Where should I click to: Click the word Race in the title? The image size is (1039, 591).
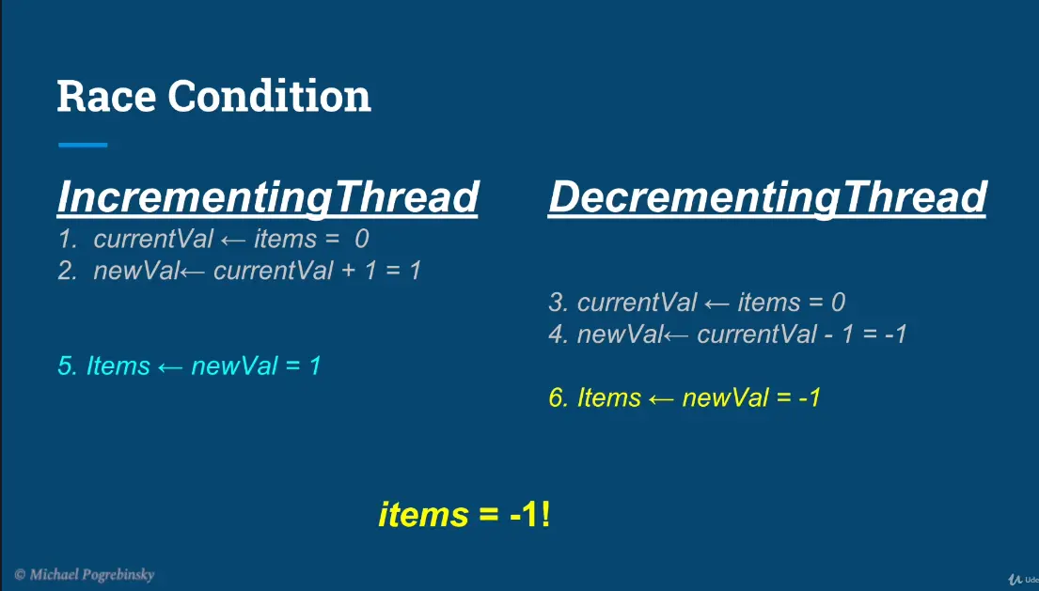pyautogui.click(x=106, y=96)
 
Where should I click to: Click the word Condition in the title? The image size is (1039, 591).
pyautogui.click(x=269, y=96)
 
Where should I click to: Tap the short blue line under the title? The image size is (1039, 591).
pyautogui.click(x=83, y=145)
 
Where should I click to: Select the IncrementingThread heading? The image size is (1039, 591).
pyautogui.click(x=268, y=198)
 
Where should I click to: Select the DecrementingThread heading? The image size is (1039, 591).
pyautogui.click(x=767, y=198)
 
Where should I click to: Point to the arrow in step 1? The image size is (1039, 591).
pyautogui.click(x=232, y=241)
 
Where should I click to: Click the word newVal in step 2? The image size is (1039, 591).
pyautogui.click(x=135, y=271)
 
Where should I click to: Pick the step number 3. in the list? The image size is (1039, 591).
pyautogui.click(x=559, y=303)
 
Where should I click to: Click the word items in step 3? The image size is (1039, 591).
pyautogui.click(x=768, y=303)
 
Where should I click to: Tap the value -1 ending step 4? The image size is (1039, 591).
pyautogui.click(x=895, y=334)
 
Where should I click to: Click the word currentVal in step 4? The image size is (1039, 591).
pyautogui.click(x=757, y=334)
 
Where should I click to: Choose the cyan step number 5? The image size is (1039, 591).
pyautogui.click(x=68, y=366)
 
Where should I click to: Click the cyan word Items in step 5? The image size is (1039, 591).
pyautogui.click(x=118, y=366)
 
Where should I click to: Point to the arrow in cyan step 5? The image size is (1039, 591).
pyautogui.click(x=170, y=367)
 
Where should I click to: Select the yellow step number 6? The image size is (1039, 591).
pyautogui.click(x=559, y=397)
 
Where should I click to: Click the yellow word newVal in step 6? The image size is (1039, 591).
pyautogui.click(x=726, y=397)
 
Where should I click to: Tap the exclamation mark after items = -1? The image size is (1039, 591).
pyautogui.click(x=545, y=514)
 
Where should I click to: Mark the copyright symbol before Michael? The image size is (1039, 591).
pyautogui.click(x=20, y=574)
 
